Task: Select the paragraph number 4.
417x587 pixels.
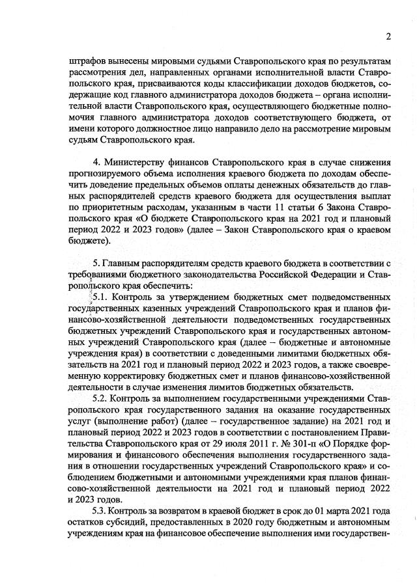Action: coord(97,161)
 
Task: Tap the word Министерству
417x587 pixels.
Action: coord(140,161)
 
